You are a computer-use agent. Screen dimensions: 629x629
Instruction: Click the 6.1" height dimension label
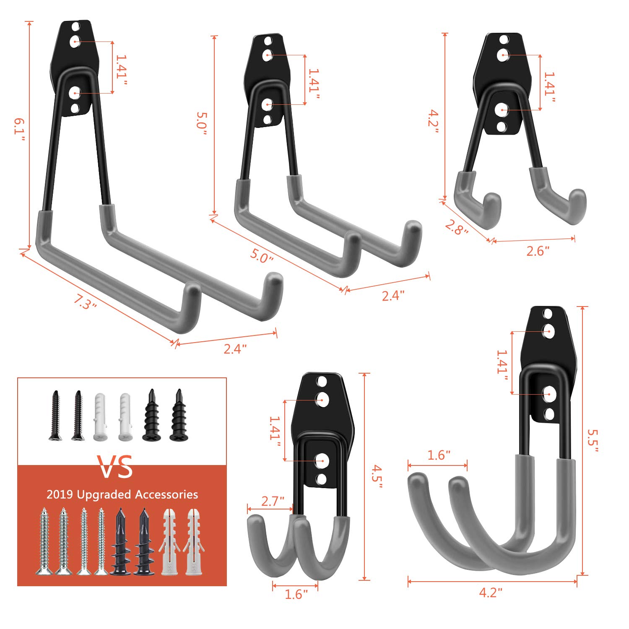(x=19, y=129)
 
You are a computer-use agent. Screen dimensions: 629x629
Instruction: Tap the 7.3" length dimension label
(x=85, y=302)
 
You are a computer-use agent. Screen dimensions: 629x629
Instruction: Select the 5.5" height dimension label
(x=592, y=440)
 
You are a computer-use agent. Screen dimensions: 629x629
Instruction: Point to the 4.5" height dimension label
(x=377, y=477)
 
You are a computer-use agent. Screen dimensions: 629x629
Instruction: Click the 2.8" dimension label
(x=456, y=228)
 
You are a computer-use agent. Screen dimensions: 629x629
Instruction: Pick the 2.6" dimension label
(x=538, y=251)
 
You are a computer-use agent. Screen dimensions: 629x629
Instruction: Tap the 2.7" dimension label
(x=273, y=501)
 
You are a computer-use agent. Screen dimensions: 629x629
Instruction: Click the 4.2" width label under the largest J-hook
(x=491, y=593)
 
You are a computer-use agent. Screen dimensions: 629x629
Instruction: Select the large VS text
(x=115, y=467)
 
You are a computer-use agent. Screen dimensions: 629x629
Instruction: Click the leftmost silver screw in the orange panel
(x=44, y=541)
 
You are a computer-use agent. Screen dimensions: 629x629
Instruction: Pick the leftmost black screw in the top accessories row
(x=55, y=415)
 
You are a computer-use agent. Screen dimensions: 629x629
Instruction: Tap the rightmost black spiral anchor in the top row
(x=179, y=415)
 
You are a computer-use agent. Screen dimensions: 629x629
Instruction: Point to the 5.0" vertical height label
(x=203, y=123)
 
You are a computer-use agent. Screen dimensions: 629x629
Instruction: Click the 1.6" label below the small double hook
(x=296, y=595)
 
